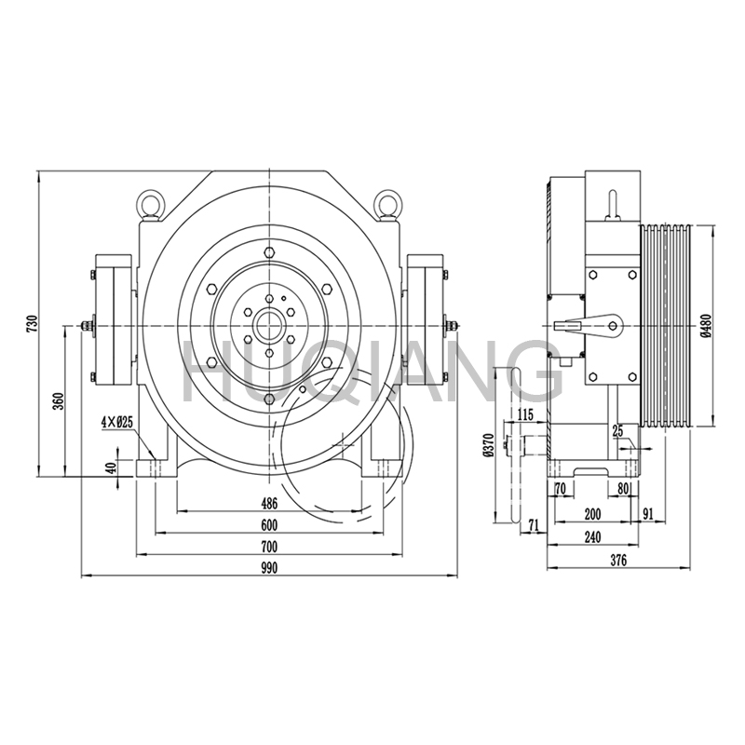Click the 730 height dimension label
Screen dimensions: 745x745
[31, 324]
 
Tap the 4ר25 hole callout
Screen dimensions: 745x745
[117, 422]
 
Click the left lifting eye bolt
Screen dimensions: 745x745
[151, 203]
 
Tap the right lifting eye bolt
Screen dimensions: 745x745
[388, 203]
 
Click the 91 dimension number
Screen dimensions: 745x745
[648, 513]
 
